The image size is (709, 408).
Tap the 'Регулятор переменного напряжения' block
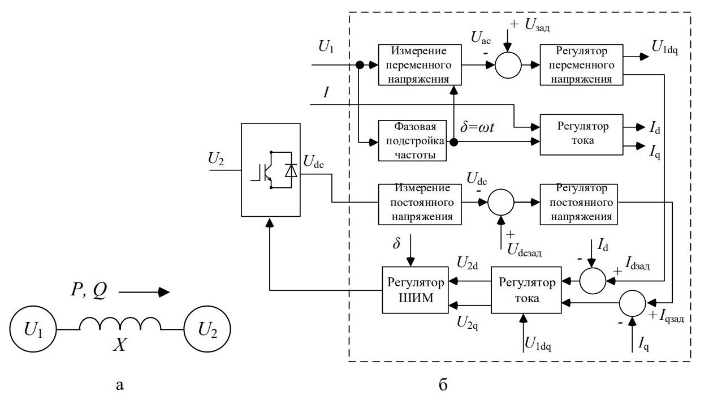click(582, 65)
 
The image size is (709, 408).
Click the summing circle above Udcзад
click(500, 202)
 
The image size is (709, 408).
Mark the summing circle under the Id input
click(591, 280)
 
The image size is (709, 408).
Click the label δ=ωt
click(477, 127)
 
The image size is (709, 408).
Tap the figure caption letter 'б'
click(443, 386)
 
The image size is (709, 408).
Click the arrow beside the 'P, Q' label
click(144, 293)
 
